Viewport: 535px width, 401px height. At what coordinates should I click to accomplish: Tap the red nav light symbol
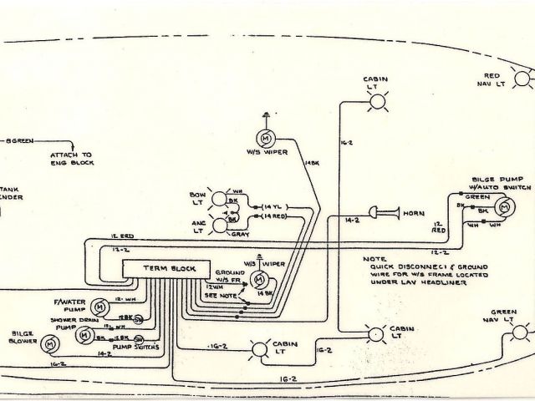pyautogui.click(x=524, y=79)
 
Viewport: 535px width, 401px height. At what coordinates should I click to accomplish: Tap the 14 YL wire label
pyautogui.click(x=275, y=206)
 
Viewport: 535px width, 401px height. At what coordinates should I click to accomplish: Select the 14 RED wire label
pyautogui.click(x=276, y=217)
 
